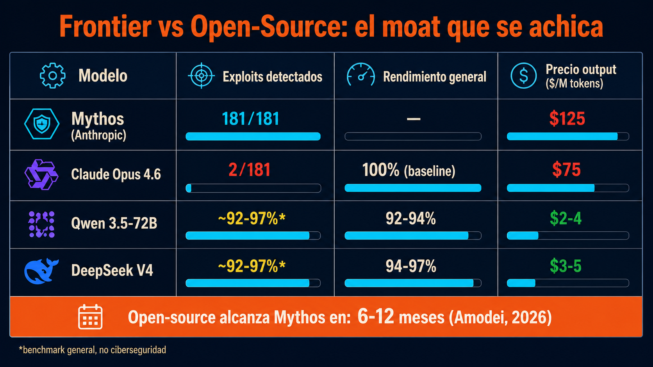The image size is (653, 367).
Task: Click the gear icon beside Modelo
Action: pyautogui.click(x=52, y=76)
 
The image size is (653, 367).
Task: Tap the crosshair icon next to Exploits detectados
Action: pyautogui.click(x=202, y=76)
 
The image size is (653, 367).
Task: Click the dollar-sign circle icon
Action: pyautogui.click(x=524, y=76)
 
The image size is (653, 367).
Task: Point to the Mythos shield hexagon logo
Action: pyautogui.click(x=42, y=124)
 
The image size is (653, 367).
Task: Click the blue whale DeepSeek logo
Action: pyautogui.click(x=41, y=271)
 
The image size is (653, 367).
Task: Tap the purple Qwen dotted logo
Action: pyautogui.click(x=41, y=224)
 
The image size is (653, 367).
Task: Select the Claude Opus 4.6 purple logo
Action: pyautogui.click(x=41, y=175)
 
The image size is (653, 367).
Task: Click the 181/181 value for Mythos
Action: pyautogui.click(x=251, y=119)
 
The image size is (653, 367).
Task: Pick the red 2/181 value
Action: pyautogui.click(x=250, y=170)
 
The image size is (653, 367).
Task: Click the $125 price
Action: pyautogui.click(x=567, y=119)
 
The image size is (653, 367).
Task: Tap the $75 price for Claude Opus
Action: pyautogui.click(x=566, y=170)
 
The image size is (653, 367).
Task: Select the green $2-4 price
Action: pyautogui.click(x=566, y=218)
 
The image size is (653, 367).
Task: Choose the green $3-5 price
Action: pyautogui.click(x=566, y=266)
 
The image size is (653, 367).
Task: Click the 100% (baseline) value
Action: pyautogui.click(x=409, y=170)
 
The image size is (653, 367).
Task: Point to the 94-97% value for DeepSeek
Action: pyautogui.click(x=411, y=266)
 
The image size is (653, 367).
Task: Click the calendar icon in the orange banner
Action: pyautogui.click(x=90, y=317)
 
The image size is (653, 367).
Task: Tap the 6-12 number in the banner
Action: pyautogui.click(x=376, y=316)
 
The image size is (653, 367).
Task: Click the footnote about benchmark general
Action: pyautogui.click(x=92, y=349)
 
